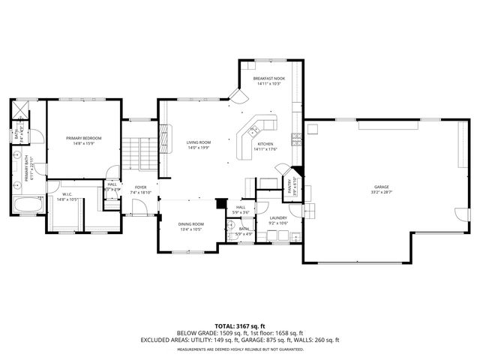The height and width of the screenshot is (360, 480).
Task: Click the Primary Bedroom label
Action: tap(83, 138)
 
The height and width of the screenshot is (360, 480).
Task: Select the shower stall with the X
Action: tap(18, 109)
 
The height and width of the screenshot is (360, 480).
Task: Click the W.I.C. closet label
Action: tap(66, 194)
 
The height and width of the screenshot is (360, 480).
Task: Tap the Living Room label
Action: tap(199, 142)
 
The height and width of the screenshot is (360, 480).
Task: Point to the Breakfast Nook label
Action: tap(268, 78)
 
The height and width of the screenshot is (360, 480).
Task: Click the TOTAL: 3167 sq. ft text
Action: tap(239, 326)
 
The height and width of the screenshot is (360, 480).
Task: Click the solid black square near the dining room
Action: tap(220, 202)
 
